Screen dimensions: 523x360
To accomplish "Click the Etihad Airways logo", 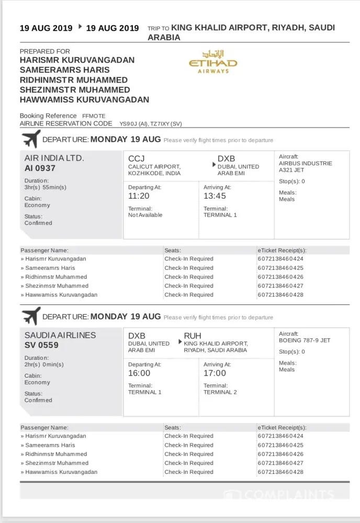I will pos(212,62).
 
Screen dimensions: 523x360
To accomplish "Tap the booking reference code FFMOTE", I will pos(94,116).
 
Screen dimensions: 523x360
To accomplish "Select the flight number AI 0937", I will pos(40,168).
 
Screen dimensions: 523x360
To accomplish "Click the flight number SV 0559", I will pos(41,345).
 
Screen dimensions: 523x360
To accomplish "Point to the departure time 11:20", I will pos(139,196).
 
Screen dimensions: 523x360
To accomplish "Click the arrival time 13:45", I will pos(215,196).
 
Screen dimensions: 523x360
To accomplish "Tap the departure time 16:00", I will pos(139,373).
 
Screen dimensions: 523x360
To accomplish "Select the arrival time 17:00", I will pos(215,373).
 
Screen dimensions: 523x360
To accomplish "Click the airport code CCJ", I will pos(136,158).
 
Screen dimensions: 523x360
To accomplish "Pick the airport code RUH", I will pos(193,336).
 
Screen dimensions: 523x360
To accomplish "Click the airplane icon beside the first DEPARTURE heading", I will pos(31,140).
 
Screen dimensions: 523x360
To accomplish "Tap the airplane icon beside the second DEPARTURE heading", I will pos(31,316).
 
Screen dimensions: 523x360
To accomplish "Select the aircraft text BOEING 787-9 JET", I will pos(305,340).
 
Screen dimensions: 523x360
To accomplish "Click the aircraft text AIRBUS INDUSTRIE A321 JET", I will pos(306,166).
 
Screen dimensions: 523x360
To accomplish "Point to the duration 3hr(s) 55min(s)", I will pos(46,187).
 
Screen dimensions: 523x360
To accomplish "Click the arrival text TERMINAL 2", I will pos(220,392).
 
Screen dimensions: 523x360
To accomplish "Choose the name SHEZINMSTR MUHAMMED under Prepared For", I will pos(75,90).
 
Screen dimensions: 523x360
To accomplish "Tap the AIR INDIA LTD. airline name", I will pos(54,158).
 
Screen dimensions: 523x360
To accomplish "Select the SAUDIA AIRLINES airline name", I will pos(60,335).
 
